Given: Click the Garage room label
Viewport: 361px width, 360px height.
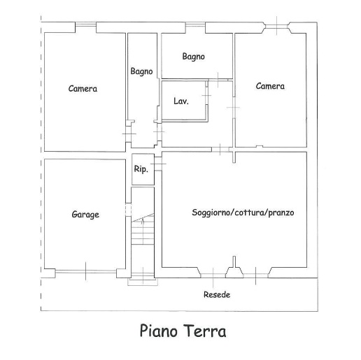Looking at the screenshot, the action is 85,215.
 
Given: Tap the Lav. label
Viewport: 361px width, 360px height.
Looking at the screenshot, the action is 181,101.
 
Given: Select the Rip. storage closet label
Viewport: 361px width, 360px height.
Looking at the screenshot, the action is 141,168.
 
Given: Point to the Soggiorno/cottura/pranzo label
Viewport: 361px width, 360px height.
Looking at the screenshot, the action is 243,213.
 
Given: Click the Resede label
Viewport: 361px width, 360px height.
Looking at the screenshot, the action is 217,295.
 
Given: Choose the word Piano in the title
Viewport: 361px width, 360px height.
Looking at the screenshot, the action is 159,331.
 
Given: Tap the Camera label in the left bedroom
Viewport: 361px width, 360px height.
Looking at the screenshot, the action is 83,89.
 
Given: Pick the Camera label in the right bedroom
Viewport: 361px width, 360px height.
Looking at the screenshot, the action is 270,86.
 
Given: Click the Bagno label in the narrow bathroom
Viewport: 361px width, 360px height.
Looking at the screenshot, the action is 141,71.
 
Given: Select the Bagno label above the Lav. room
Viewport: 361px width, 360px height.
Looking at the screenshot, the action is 194,57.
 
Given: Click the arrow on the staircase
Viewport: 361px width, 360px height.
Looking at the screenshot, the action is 143,222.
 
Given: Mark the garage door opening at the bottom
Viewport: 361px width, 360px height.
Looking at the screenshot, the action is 86,271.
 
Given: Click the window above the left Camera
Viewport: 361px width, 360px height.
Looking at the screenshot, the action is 85,24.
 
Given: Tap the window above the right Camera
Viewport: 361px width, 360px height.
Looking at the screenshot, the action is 277,25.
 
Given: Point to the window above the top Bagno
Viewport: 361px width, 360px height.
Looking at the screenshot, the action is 195,24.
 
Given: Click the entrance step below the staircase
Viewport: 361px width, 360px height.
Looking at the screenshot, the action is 143,282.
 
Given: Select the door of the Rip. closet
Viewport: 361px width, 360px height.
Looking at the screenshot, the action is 158,164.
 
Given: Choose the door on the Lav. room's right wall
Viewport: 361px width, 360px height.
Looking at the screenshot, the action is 206,96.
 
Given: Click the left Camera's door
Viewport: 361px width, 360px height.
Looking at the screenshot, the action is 129,134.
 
